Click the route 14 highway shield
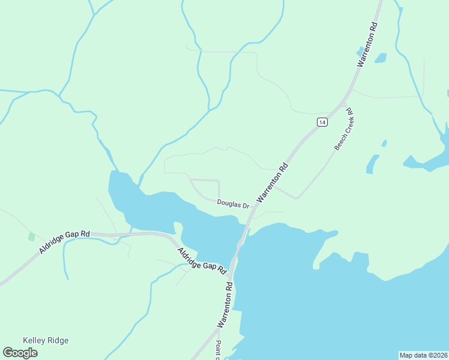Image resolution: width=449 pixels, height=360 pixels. tap(322, 122)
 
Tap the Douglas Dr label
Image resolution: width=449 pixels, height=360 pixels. tap(234, 205)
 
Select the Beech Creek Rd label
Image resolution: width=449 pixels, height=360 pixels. tap(344, 129)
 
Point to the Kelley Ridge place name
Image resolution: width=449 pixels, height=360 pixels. tap(46, 340)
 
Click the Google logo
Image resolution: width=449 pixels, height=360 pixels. tap(20, 352)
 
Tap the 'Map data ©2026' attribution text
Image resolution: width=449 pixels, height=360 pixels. tap(423, 355)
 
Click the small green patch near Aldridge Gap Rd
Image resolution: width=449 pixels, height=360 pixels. tap(31, 236)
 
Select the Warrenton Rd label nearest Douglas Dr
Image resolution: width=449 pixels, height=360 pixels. tap(273, 182)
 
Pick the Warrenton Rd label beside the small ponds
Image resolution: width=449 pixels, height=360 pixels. tap(367, 44)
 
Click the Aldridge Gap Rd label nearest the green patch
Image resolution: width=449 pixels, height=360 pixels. tap(65, 241)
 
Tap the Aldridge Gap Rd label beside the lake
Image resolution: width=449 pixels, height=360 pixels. tap(200, 257)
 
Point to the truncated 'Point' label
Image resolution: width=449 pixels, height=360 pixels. tap(218, 350)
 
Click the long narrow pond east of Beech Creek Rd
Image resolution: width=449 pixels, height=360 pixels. tap(373, 164)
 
